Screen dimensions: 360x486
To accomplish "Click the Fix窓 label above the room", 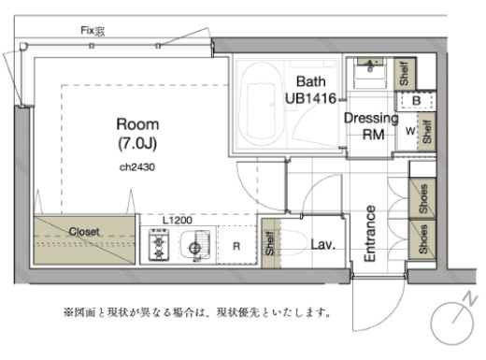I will coord(93,31).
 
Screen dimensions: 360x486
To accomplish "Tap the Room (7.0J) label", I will coord(137,132).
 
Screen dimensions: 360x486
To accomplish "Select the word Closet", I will coord(84,231).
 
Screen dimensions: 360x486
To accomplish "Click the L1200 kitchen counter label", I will coord(177,220).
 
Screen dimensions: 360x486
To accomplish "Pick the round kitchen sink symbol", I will coord(195,248).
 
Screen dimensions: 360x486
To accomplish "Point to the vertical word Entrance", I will coord(370,233).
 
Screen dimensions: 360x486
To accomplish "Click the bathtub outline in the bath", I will coord(266,103).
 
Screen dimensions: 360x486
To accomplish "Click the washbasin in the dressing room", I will coord(372,67).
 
